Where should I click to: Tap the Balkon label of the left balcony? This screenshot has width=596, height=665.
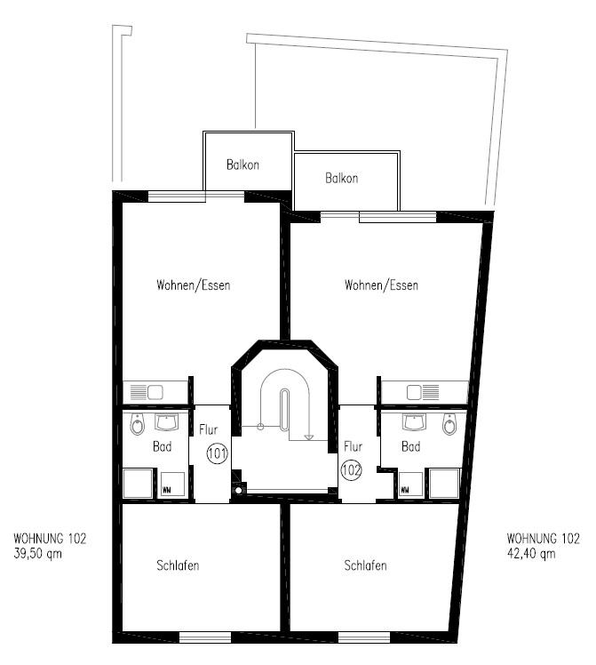[x=243, y=165]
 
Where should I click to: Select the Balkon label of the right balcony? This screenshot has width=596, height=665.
[x=342, y=179]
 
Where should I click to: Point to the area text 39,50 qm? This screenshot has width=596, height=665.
[x=38, y=553]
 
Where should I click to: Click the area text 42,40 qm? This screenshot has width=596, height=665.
[x=531, y=553]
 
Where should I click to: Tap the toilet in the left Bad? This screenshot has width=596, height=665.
[x=137, y=426]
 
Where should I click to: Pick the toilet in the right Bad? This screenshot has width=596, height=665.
[x=449, y=426]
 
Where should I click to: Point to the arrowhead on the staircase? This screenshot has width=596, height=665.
[x=308, y=437]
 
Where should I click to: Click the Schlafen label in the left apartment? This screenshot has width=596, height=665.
[x=178, y=565]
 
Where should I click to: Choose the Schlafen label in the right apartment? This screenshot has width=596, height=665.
[x=365, y=565]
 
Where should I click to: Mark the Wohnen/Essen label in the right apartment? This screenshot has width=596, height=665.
[x=381, y=285]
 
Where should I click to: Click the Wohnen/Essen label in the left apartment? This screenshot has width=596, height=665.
[x=194, y=285]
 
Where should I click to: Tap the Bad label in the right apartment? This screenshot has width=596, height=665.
[x=410, y=447]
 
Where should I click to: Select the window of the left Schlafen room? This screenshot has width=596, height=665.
[x=205, y=637]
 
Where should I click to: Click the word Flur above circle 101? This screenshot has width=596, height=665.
[x=209, y=430]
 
